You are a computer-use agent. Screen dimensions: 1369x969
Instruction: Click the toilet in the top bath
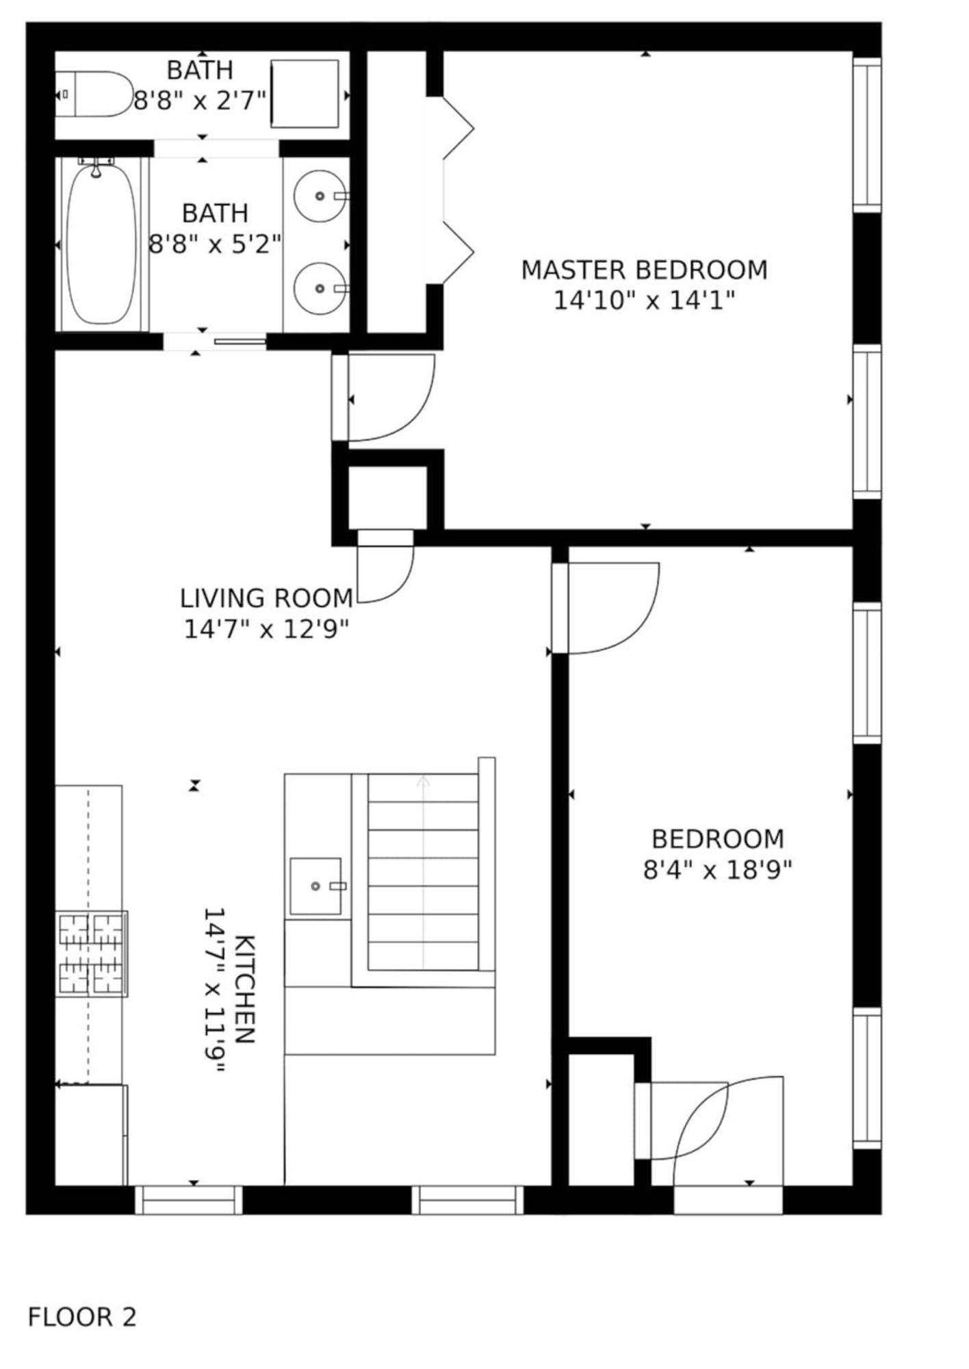pyautogui.click(x=99, y=94)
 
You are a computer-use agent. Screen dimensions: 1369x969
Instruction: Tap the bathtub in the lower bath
pyautogui.click(x=101, y=244)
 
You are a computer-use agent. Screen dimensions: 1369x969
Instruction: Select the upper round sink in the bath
pyautogui.click(x=320, y=196)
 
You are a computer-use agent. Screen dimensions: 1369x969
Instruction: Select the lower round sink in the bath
pyautogui.click(x=320, y=288)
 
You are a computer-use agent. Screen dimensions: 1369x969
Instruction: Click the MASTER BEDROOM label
pyautogui.click(x=644, y=270)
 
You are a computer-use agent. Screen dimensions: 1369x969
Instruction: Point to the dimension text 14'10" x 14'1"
pyautogui.click(x=644, y=300)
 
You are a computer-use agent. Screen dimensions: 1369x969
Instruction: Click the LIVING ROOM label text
pyautogui.click(x=266, y=598)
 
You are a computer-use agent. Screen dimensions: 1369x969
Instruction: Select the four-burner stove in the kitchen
pyautogui.click(x=91, y=954)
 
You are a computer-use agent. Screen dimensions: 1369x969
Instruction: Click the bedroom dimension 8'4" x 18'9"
pyautogui.click(x=717, y=870)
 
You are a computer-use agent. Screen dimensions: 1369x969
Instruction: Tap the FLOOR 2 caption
pyautogui.click(x=82, y=1317)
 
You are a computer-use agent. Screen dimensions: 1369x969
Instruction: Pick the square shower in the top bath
pyautogui.click(x=305, y=94)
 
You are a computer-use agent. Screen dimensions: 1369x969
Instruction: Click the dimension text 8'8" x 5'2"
pyautogui.click(x=215, y=243)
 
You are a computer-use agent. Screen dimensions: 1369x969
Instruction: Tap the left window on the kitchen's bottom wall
pyautogui.click(x=189, y=1201)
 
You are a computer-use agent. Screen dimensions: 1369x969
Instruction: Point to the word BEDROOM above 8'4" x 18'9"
pyautogui.click(x=717, y=839)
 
